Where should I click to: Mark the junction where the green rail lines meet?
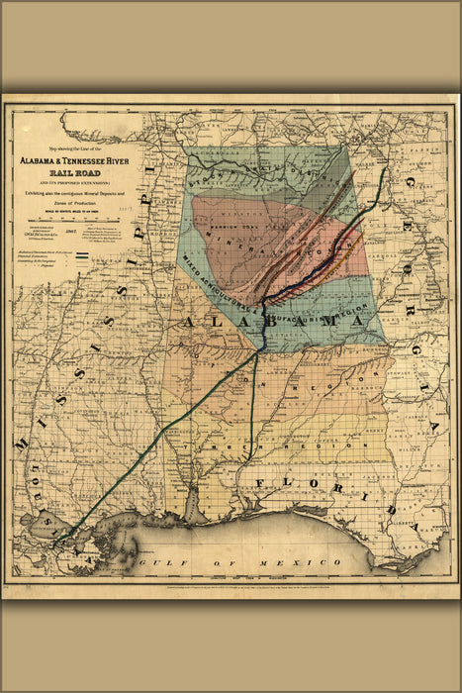point(260,349)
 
